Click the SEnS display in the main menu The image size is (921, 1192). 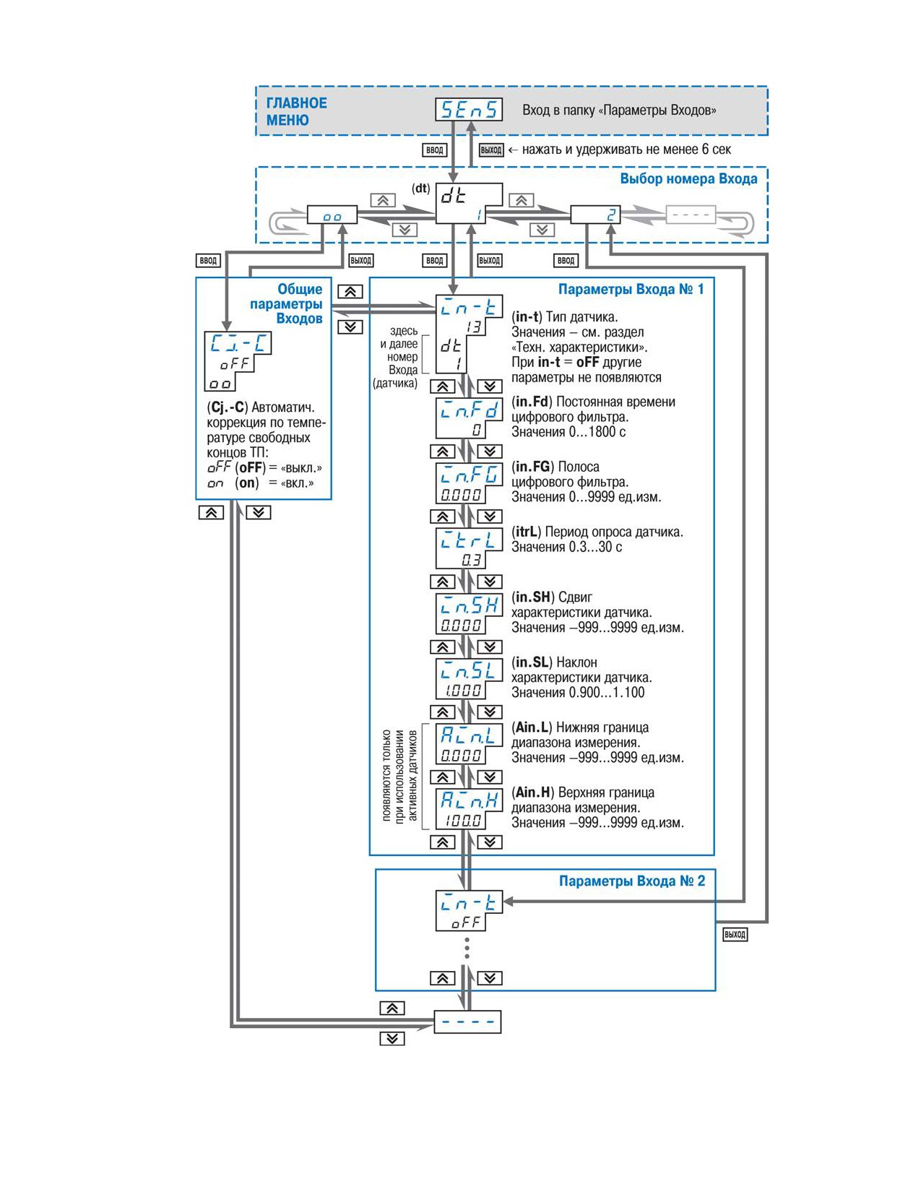469,110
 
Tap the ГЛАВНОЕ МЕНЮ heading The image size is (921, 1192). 296,111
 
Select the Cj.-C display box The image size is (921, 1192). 238,360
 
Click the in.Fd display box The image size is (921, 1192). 469,418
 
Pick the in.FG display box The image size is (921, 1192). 469,483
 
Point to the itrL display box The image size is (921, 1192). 469,548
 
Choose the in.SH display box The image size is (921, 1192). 469,613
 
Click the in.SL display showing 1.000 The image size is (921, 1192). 469,678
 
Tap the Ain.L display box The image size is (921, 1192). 469,743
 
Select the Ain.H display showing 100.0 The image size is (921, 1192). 469,808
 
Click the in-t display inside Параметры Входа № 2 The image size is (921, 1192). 469,910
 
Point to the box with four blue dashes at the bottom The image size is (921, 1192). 467,1022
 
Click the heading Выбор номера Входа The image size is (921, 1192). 688,179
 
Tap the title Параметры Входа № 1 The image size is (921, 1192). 631,289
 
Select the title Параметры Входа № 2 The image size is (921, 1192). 632,881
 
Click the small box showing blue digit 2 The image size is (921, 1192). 595,215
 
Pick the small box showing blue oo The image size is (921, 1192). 332,215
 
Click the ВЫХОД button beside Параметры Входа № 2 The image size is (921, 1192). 735,934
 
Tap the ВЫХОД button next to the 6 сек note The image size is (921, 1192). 491,150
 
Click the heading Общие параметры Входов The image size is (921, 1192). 286,304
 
